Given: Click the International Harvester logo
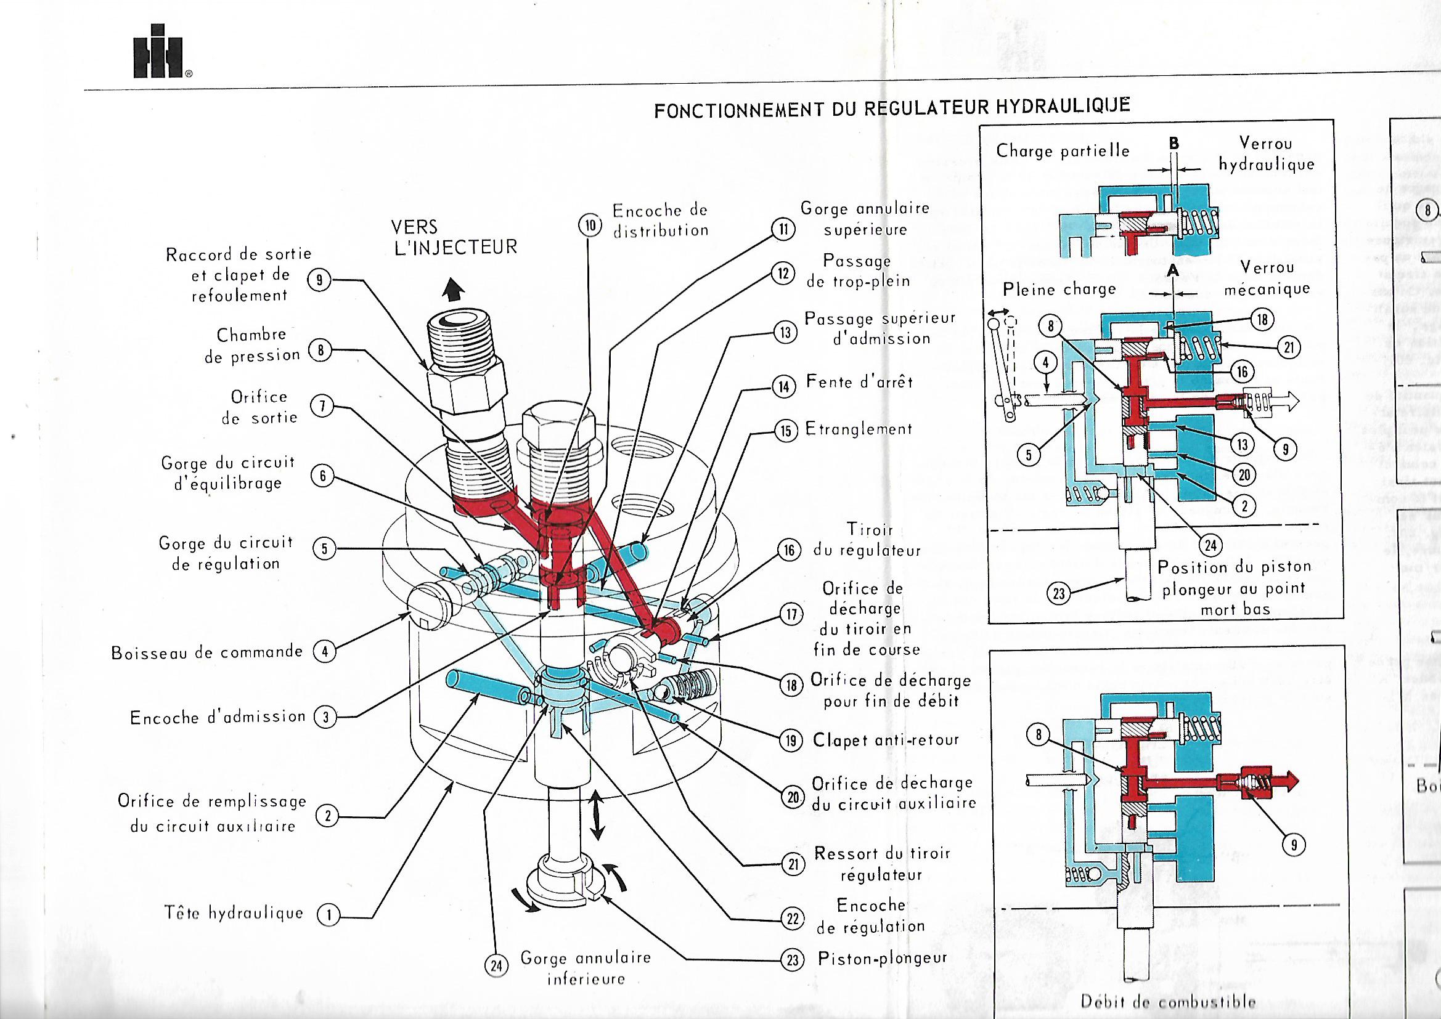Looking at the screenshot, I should tap(158, 52).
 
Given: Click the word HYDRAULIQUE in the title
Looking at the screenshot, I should tap(1063, 107).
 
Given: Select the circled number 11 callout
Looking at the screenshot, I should tap(783, 230).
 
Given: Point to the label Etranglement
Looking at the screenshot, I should tap(859, 430).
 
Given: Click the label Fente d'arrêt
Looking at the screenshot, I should tap(859, 382).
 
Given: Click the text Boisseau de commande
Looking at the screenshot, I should tap(207, 652).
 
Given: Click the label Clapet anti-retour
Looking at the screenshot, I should tap(886, 741).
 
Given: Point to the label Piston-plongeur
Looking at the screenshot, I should tap(882, 959).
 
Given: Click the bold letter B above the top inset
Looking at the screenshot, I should tap(1174, 144).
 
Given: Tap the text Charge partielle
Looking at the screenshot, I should tap(1063, 151).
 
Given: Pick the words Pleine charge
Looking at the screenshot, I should tap(1059, 290).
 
